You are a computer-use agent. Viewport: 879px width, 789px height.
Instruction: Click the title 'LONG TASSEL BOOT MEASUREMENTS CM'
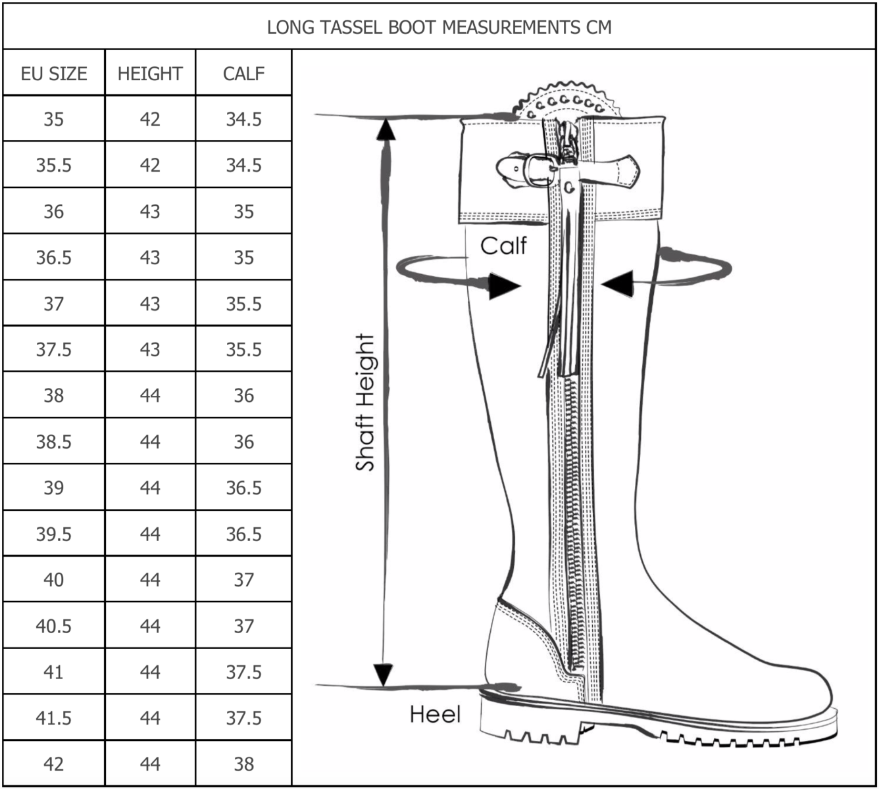click(x=439, y=27)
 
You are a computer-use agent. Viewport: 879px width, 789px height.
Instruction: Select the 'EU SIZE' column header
click(x=54, y=73)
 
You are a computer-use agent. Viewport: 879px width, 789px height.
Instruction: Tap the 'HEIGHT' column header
click(x=150, y=73)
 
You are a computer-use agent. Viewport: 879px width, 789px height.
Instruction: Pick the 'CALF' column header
click(x=243, y=73)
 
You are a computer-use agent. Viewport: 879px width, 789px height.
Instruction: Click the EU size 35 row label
click(x=54, y=119)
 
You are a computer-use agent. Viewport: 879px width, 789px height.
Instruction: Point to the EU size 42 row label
click(x=54, y=763)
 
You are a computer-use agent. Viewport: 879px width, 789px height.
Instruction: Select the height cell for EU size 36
click(x=150, y=211)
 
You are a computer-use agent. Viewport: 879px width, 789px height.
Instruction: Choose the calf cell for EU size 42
click(x=243, y=763)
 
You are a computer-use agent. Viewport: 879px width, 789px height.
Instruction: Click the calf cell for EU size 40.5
click(x=243, y=625)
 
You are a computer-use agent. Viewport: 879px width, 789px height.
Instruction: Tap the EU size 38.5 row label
click(x=54, y=441)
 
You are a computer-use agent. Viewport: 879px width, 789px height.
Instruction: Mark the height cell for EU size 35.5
click(x=150, y=165)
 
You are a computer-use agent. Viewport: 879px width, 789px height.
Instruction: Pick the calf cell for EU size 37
click(x=243, y=303)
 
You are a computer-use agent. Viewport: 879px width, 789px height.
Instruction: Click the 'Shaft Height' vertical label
click(x=365, y=402)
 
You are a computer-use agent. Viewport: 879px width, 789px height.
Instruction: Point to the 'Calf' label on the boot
click(x=503, y=245)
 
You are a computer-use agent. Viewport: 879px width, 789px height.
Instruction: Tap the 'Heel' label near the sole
click(x=436, y=714)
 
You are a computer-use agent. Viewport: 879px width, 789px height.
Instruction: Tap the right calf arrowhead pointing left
click(x=617, y=283)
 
